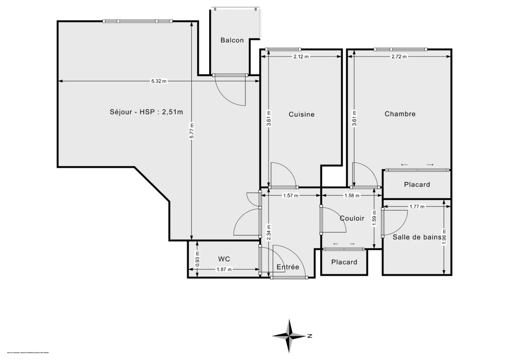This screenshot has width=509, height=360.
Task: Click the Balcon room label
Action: [x=232, y=40]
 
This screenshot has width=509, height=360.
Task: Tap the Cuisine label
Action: [x=302, y=114]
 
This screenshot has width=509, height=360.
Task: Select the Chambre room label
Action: [x=400, y=114]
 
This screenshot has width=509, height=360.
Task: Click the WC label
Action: [x=224, y=259]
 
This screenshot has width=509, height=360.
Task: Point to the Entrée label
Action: [x=288, y=267]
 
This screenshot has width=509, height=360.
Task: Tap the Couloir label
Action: [x=352, y=218]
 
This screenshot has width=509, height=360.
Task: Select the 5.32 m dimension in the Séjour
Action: [x=159, y=81]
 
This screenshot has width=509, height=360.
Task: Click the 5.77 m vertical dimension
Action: [x=192, y=131]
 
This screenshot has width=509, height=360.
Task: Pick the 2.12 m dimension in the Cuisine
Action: [x=301, y=56]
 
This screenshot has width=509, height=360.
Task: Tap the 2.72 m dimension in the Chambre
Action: [x=399, y=56]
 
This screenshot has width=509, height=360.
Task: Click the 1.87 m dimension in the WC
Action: [x=224, y=269]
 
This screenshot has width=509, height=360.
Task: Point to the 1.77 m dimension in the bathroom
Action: [x=417, y=207]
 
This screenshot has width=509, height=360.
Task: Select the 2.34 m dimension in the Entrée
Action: [x=268, y=233]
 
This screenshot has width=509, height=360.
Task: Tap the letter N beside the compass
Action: [x=310, y=336]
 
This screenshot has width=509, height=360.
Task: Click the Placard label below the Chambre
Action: [x=417, y=184]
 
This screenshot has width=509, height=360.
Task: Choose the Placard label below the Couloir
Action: [x=344, y=262]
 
